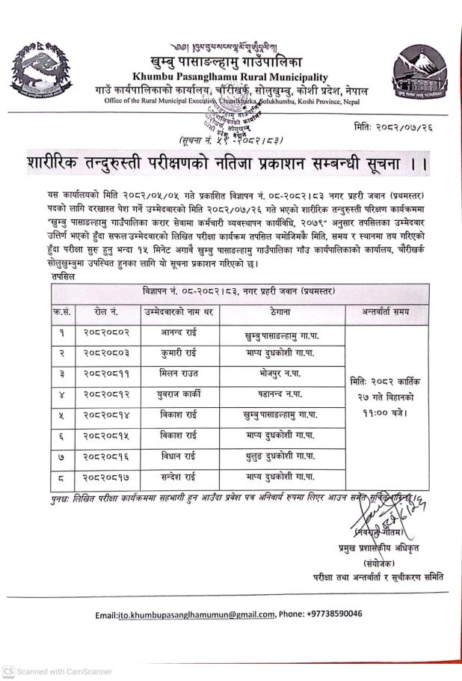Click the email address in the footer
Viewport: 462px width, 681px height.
coord(196,614)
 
